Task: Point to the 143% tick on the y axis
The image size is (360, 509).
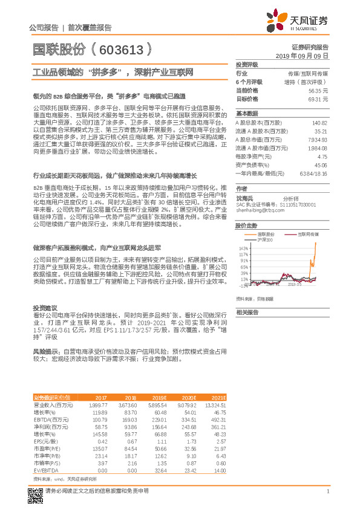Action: coord(243,248)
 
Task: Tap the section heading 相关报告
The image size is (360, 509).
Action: coord(247,312)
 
